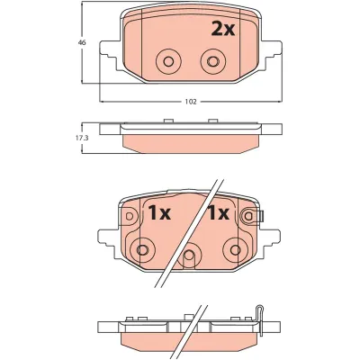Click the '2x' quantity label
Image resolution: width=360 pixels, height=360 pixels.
click(x=221, y=29)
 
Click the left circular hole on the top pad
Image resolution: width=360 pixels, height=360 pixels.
click(x=166, y=61)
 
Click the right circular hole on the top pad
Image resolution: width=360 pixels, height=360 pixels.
click(x=213, y=61)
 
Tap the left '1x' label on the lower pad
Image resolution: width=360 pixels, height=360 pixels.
click(x=158, y=213)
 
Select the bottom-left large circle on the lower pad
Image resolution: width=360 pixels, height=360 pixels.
click(x=141, y=249)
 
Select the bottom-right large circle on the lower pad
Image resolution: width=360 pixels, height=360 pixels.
click(x=235, y=249)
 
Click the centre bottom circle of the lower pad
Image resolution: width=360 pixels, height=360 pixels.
click(x=188, y=259)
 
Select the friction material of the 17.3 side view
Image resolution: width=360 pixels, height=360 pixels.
click(x=190, y=143)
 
